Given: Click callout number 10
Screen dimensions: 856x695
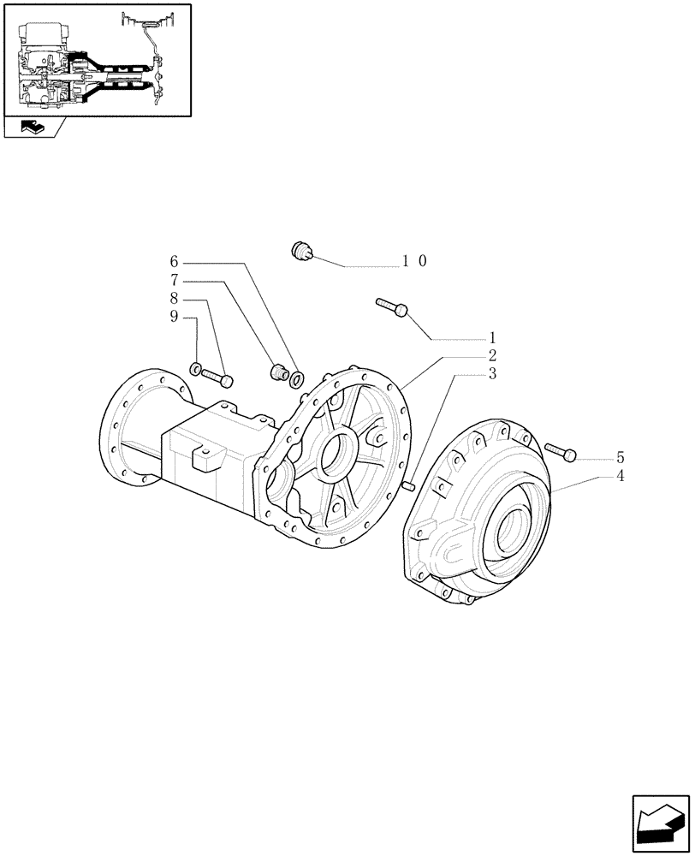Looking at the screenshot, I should click(415, 261).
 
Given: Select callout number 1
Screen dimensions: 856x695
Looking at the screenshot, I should click(492, 338).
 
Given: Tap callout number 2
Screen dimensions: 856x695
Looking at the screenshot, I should click(492, 355).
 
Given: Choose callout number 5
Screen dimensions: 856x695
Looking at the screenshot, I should click(174, 261).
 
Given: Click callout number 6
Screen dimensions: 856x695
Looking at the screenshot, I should click(174, 280).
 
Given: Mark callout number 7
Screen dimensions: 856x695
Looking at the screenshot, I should click(174, 299).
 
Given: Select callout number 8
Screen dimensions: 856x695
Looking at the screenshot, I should click(174, 318).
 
